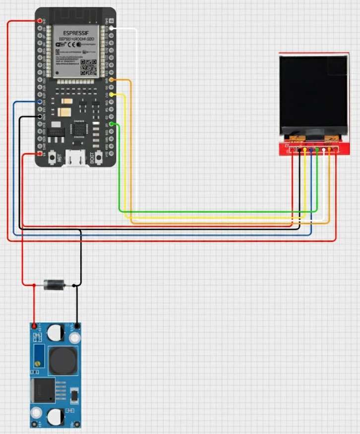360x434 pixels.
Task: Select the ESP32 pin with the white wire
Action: (x=111, y=29)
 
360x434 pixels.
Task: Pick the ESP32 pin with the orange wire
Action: (x=112, y=80)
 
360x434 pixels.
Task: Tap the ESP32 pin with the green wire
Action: (x=112, y=123)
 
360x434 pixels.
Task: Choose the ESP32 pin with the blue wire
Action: (x=40, y=102)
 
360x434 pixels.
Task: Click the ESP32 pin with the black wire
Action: (x=40, y=116)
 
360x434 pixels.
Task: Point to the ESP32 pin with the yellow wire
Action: (x=112, y=94)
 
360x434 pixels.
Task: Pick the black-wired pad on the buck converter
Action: (x=76, y=326)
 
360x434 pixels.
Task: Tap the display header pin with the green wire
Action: (x=317, y=149)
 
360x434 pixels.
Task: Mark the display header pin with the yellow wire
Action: (x=300, y=149)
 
